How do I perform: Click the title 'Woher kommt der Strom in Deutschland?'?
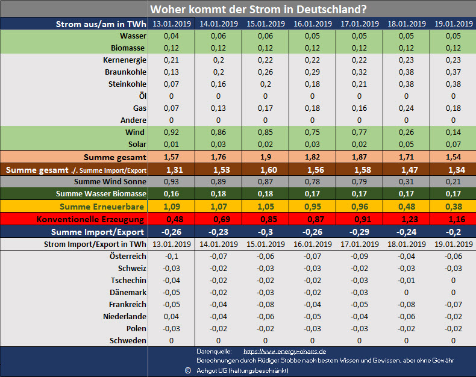259,9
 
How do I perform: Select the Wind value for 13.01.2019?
171,132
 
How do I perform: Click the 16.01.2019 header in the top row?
312,24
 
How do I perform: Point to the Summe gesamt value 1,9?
265,157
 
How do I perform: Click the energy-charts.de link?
284,351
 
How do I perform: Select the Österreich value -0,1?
171,257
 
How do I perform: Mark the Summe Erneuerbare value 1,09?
171,206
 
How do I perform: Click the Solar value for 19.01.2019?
453,145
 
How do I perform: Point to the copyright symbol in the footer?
187,370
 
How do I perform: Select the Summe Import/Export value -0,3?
265,232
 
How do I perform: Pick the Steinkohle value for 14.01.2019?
218,84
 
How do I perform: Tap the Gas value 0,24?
406,108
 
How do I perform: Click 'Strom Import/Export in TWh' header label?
95,245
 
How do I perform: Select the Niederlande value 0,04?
171,317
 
